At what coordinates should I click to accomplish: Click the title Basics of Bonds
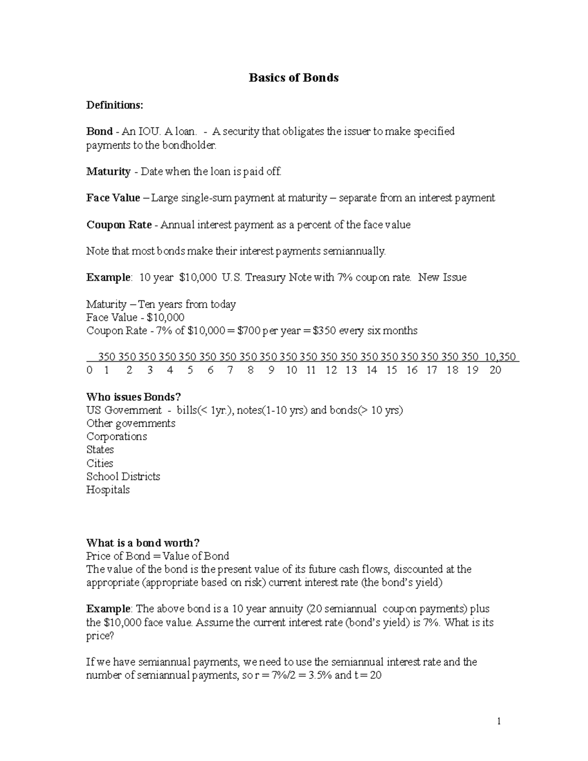294,78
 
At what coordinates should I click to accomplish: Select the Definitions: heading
115,105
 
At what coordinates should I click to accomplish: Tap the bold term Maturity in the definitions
108,172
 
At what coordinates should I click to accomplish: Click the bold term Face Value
113,198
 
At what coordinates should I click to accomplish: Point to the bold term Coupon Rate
119,225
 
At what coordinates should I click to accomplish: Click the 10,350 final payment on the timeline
500,357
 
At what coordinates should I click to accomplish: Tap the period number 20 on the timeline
495,370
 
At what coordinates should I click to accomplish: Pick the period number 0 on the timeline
89,370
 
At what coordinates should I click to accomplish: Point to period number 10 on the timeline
292,370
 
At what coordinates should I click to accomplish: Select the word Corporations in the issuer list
117,437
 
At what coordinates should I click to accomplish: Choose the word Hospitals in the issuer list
108,490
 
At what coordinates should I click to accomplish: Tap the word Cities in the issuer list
99,464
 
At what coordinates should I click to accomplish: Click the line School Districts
123,477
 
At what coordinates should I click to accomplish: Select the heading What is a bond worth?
143,543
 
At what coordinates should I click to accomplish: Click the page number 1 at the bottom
499,721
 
